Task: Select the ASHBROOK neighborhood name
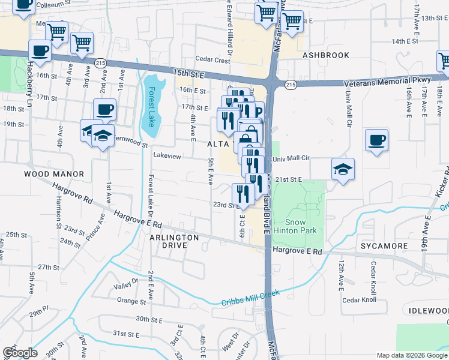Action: coord(326,55)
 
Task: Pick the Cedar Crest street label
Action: coord(213,61)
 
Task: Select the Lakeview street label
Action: coord(167,156)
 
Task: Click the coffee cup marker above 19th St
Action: coord(104,110)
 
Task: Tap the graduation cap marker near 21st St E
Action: coord(343,169)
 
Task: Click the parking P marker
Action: coord(258,111)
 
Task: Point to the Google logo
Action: coord(19,353)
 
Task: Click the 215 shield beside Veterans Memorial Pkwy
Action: coord(291,86)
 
